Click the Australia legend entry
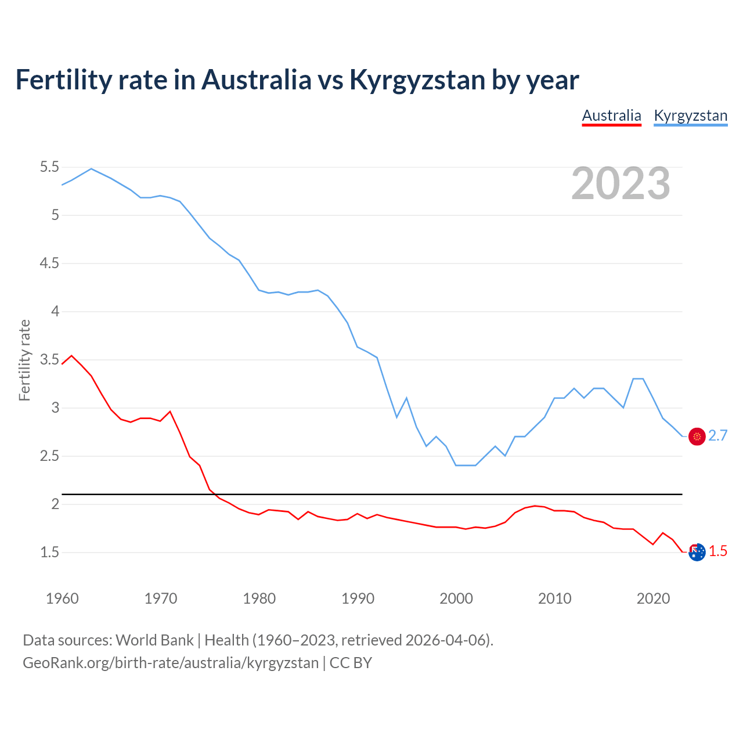pos(611,116)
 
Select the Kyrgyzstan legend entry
pos(690,116)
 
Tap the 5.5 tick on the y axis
pos(49,167)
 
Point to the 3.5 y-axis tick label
pos(49,360)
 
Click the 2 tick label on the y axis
pos(55,504)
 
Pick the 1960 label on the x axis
pos(62,598)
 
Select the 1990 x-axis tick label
pos(358,598)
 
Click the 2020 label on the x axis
pos(653,598)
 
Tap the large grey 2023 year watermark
pos(621,183)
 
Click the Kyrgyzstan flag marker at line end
pos(697,437)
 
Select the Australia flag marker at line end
pos(697,552)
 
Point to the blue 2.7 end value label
pos(718,436)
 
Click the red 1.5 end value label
pos(718,551)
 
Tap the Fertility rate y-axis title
pos(24,360)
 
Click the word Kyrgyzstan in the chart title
pos(417,80)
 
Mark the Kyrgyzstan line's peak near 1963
pos(91,168)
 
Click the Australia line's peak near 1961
pos(71,355)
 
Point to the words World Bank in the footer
pos(154,640)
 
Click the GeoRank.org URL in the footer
pos(171,663)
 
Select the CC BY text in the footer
pos(351,663)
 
